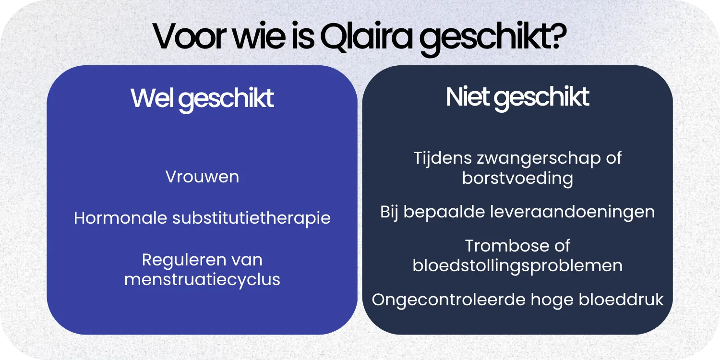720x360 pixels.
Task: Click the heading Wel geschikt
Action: (x=202, y=98)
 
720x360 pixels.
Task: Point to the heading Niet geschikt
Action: (x=517, y=97)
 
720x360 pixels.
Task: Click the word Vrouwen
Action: (x=202, y=177)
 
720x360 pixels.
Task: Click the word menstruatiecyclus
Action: (x=202, y=279)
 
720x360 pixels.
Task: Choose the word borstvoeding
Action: (x=517, y=178)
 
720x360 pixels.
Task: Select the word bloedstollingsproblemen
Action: (x=517, y=265)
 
